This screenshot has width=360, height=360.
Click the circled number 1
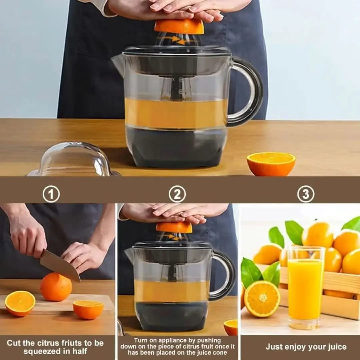click(51, 194)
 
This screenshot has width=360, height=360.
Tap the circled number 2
click(177, 194)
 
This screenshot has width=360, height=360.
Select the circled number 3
click(306, 194)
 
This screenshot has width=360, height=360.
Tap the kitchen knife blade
click(60, 265)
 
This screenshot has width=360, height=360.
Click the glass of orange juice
click(306, 287)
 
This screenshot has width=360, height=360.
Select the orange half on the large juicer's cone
click(179, 27)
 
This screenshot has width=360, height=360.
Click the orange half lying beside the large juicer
click(271, 164)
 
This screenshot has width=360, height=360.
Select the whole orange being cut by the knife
click(56, 287)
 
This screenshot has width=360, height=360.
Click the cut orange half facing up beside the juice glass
click(262, 299)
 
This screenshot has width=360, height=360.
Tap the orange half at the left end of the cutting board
click(20, 304)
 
